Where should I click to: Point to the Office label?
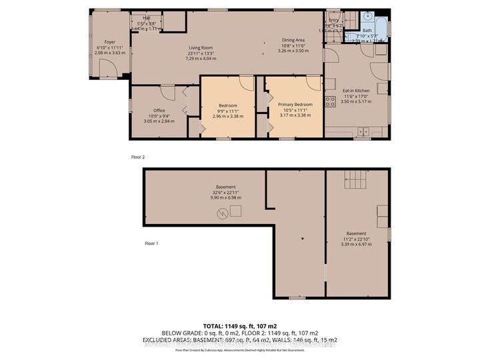coord(159,111)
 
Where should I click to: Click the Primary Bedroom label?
coord(294,105)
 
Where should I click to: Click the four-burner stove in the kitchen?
coord(329,101)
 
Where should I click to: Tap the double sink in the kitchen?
coord(363,131)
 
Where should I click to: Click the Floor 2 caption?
coord(138,157)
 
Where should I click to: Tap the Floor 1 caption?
coord(152,243)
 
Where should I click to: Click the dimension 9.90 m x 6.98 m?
coord(225,199)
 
